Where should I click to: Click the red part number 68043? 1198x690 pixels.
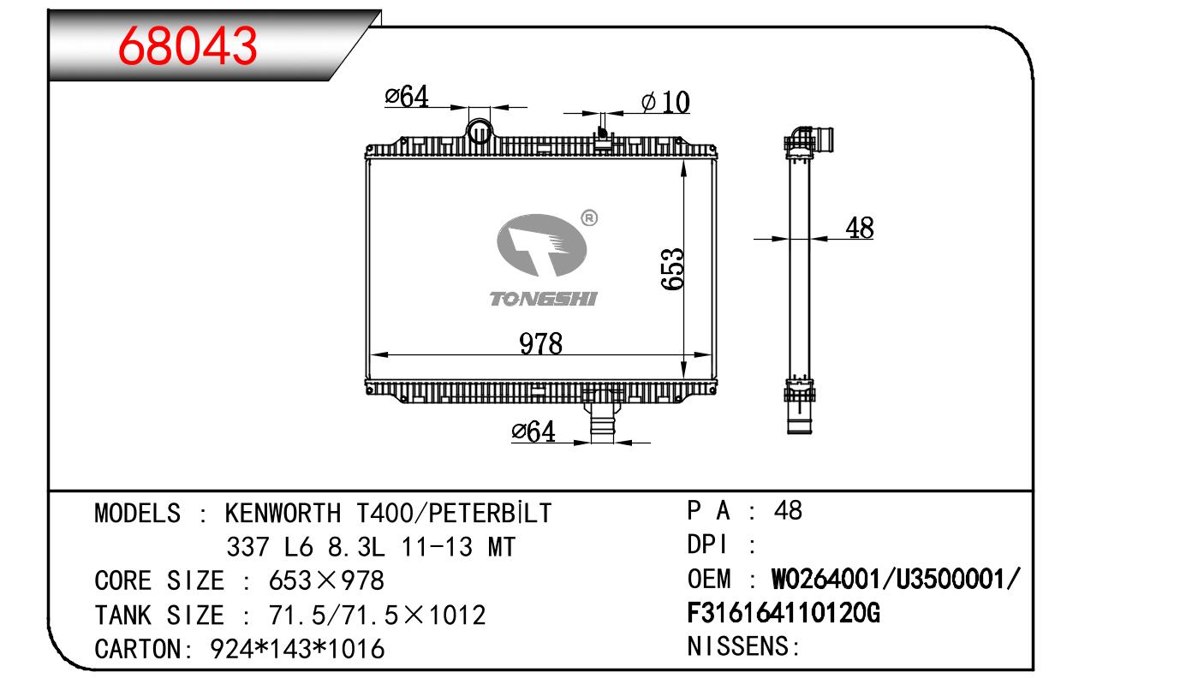pyautogui.click(x=188, y=46)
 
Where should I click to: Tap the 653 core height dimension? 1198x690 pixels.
pyautogui.click(x=671, y=269)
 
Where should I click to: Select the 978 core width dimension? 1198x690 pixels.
pyautogui.click(x=540, y=343)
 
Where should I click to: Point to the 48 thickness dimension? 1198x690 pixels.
pyautogui.click(x=860, y=228)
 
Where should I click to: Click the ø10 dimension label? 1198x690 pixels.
pyautogui.click(x=665, y=102)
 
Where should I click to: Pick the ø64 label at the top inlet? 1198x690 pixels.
pyautogui.click(x=407, y=97)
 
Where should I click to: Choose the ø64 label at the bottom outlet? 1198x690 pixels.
pyautogui.click(x=533, y=431)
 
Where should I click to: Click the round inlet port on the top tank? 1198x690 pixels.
pyautogui.click(x=480, y=131)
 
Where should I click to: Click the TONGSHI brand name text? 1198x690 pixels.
pyautogui.click(x=543, y=299)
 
